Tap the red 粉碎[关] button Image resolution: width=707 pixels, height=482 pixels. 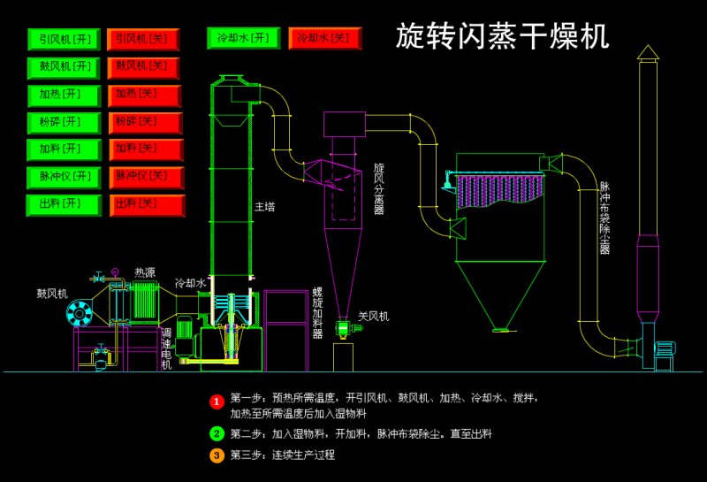(x=145, y=122)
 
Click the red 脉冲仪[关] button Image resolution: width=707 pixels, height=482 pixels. (x=145, y=177)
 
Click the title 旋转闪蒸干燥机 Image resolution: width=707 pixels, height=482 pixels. (x=502, y=36)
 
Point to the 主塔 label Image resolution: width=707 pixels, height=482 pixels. (x=265, y=207)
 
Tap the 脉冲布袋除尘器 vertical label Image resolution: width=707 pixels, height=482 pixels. (x=605, y=218)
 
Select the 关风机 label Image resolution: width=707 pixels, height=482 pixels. (x=373, y=316)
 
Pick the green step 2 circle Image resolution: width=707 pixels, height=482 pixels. (x=217, y=433)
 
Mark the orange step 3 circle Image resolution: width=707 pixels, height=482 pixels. (x=217, y=455)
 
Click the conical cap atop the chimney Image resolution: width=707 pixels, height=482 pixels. (x=648, y=53)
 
